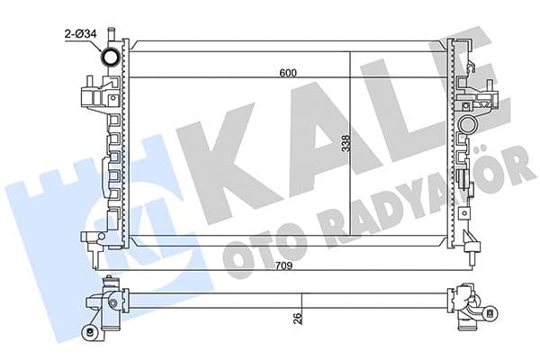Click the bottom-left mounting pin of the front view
pos(92,238)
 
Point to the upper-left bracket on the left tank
pos(93,94)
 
